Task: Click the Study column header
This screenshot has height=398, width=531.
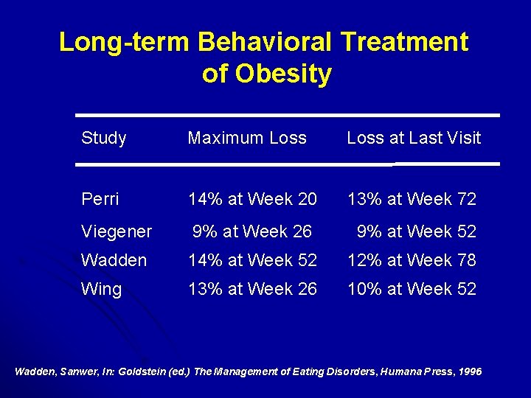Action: [104, 138]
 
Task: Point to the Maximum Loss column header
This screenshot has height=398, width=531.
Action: [247, 138]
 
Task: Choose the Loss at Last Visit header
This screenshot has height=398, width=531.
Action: [414, 138]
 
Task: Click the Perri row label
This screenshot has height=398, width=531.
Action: [100, 199]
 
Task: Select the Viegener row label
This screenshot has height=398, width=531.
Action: [117, 232]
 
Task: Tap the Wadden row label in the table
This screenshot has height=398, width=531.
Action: [114, 260]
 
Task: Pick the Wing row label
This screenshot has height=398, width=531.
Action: [101, 289]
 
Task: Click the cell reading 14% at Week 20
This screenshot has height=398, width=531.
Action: [252, 199]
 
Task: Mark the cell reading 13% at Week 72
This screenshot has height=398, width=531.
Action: [412, 199]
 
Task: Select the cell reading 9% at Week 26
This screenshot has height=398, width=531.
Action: [252, 231]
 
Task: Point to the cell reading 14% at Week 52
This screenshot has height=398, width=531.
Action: [252, 260]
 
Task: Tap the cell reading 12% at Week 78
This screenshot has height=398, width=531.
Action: [412, 260]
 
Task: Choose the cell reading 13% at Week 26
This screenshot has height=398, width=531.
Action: [252, 289]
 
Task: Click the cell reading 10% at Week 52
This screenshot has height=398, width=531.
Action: [412, 289]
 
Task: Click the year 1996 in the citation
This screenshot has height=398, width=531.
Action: [469, 371]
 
